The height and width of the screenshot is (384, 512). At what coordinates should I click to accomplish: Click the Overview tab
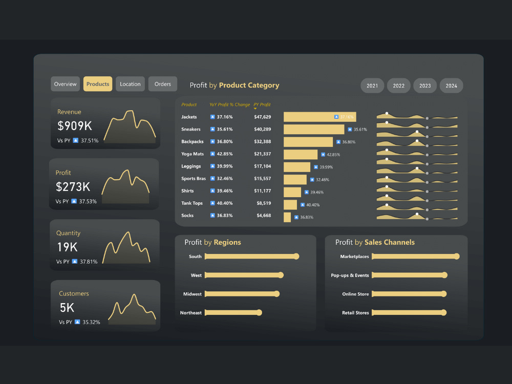pyautogui.click(x=66, y=84)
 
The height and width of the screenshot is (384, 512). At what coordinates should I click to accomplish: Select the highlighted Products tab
pyautogui.click(x=98, y=84)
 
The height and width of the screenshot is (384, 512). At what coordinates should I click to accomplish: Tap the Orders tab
pyautogui.click(x=163, y=84)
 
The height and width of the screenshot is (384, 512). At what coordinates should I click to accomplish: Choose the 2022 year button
pyautogui.click(x=399, y=86)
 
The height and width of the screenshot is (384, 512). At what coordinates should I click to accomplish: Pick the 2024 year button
pyautogui.click(x=451, y=86)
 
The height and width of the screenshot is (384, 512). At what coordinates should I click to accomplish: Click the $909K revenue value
pyautogui.click(x=75, y=126)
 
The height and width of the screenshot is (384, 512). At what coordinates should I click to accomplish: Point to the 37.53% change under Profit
pyautogui.click(x=88, y=201)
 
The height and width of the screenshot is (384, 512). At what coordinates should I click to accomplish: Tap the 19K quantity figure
pyautogui.click(x=67, y=247)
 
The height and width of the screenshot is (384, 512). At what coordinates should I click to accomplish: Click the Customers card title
pyautogui.click(x=74, y=293)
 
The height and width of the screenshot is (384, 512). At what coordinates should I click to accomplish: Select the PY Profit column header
pyautogui.click(x=262, y=104)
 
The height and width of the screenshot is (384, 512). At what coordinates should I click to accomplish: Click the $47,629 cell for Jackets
pyautogui.click(x=263, y=117)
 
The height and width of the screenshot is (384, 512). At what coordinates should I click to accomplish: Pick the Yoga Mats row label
pyautogui.click(x=193, y=154)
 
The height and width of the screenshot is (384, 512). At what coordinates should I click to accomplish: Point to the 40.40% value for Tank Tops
pyautogui.click(x=225, y=203)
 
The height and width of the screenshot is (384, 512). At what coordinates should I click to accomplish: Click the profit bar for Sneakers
pyautogui.click(x=314, y=130)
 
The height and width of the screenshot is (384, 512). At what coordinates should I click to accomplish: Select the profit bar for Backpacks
pyautogui.click(x=308, y=142)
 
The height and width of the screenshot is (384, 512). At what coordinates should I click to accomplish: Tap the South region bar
pyautogui.click(x=252, y=257)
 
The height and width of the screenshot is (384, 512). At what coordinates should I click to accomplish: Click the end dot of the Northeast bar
pyautogui.click(x=259, y=313)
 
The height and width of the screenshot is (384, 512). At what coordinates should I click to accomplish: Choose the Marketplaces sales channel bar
pyautogui.click(x=416, y=257)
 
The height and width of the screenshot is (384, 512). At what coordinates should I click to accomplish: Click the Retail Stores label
pyautogui.click(x=355, y=313)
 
